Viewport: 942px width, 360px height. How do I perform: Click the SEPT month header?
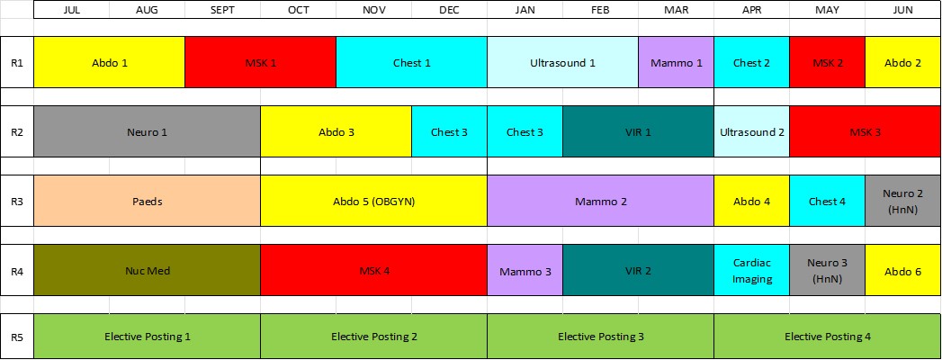point(223,10)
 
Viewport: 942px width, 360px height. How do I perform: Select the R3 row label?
point(17,201)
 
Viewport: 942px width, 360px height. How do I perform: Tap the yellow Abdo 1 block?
point(110,62)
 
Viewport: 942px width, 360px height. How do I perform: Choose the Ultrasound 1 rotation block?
point(562,62)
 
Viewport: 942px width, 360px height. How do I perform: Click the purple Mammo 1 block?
point(676,62)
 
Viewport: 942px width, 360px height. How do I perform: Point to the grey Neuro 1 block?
point(148,131)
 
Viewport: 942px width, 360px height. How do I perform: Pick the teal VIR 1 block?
point(638,131)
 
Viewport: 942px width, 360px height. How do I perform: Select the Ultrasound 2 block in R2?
point(751,131)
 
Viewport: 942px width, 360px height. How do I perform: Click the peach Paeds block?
point(148,201)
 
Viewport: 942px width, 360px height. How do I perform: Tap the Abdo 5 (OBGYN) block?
point(373,201)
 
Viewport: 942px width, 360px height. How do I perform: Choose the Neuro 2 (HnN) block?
point(903,201)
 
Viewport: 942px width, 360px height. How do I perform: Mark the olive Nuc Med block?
point(148,270)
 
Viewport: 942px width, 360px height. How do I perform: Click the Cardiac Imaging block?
point(751,270)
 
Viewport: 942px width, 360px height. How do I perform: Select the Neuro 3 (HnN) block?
point(827,270)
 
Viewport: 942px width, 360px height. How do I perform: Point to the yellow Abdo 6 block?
point(903,270)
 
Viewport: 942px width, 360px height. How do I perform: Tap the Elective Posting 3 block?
point(600,336)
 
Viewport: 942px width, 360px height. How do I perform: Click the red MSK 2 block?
point(827,62)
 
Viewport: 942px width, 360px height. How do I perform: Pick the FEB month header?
point(600,10)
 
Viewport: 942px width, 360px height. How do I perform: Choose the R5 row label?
point(17,336)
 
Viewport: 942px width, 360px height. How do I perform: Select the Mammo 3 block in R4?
point(525,270)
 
